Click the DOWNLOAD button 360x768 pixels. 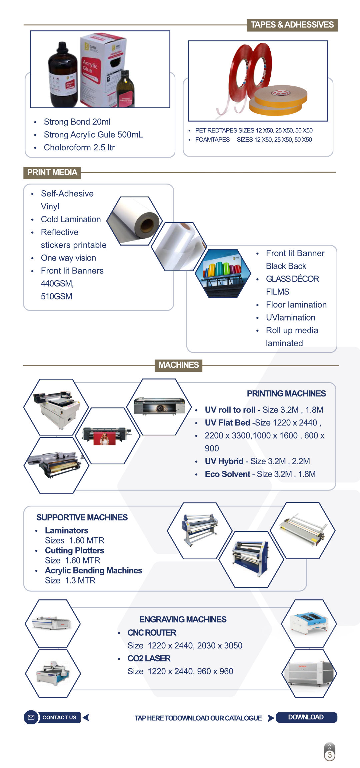[306, 717]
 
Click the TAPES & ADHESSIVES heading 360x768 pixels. [292, 25]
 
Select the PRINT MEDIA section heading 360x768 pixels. [52, 173]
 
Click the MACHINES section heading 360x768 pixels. [178, 365]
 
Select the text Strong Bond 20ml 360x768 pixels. [77, 122]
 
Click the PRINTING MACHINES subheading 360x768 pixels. [286, 393]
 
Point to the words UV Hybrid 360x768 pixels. [224, 461]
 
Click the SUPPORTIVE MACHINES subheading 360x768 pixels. [82, 517]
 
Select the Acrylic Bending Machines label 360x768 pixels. [94, 571]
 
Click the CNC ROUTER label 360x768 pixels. [152, 633]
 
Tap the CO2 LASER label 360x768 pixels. [149, 659]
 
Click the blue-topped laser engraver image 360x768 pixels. [309, 622]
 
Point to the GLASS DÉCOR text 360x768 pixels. [292, 279]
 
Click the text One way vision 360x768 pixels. [68, 258]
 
